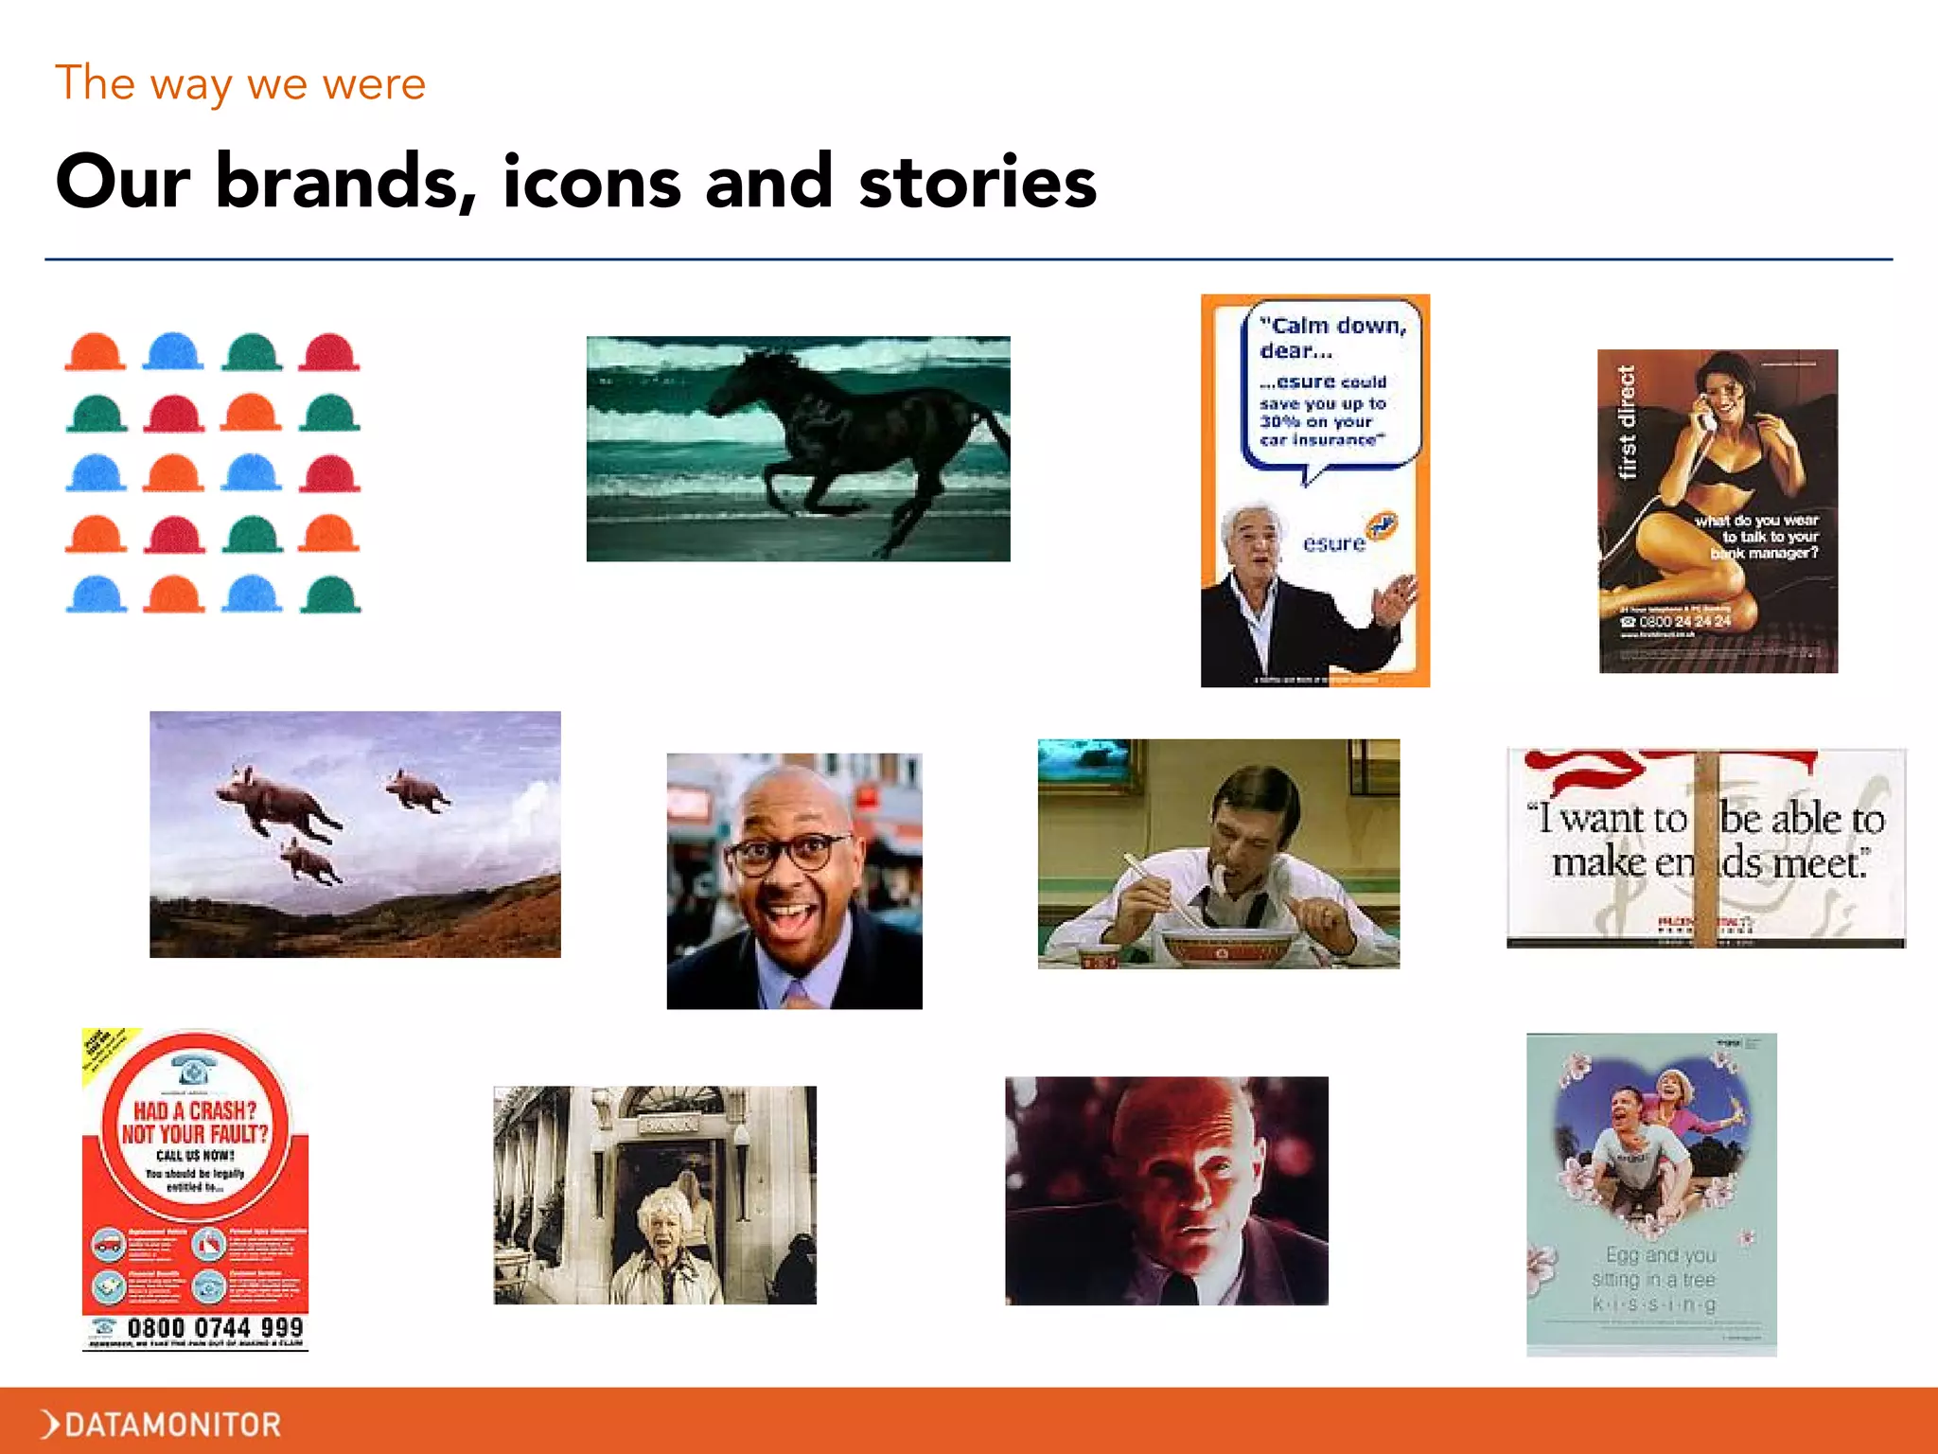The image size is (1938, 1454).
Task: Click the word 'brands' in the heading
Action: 345,182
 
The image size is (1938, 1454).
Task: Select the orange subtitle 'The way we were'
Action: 240,83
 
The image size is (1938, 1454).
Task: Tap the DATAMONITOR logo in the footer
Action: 162,1424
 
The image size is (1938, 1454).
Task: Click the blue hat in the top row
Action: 173,351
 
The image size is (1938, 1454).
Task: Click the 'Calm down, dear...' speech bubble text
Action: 1330,338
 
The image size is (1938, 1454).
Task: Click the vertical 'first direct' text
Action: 1627,423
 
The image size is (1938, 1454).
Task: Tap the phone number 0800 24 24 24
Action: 1683,621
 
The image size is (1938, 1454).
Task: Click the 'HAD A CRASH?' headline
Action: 194,1110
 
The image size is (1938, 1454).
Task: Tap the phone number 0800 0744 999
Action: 215,1327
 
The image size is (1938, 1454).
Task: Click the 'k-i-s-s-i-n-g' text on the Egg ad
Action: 1654,1304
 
